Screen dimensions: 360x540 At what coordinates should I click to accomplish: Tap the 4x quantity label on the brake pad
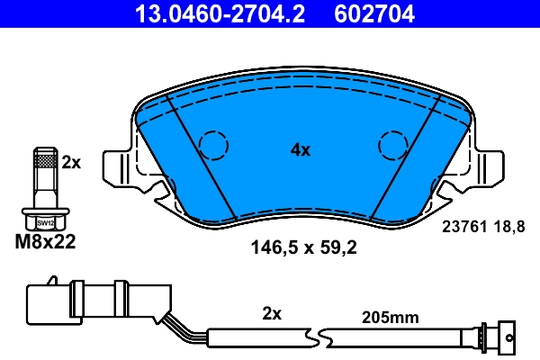tap(300, 151)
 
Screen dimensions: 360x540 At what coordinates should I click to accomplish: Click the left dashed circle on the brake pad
tap(213, 144)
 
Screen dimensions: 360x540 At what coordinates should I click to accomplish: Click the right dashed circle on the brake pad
tap(393, 144)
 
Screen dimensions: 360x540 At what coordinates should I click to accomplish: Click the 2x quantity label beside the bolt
tap(71, 163)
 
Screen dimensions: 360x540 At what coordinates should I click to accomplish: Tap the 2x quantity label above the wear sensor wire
tap(272, 314)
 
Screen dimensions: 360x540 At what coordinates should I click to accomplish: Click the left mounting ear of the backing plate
tap(120, 168)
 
